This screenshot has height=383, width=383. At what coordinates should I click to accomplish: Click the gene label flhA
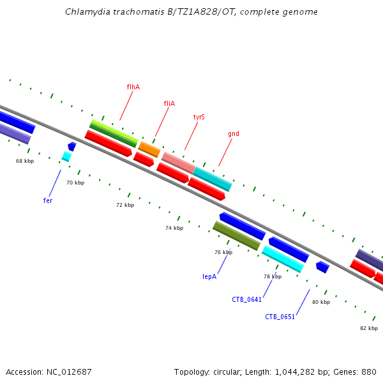pyautogui.click(x=133, y=86)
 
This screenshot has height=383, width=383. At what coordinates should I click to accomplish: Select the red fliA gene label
pyautogui.click(x=169, y=103)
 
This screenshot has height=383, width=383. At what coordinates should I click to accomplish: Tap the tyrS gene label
pyautogui.click(x=199, y=117)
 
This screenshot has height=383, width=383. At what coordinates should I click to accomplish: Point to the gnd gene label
pyautogui.click(x=234, y=134)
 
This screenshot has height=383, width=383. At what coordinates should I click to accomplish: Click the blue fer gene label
pyautogui.click(x=48, y=200)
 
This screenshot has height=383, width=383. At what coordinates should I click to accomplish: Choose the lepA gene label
pyautogui.click(x=209, y=276)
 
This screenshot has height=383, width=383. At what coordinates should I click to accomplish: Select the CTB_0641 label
pyautogui.click(x=247, y=299)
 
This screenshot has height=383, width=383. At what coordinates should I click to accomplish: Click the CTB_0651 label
pyautogui.click(x=280, y=317)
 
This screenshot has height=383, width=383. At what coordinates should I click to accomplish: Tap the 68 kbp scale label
pyautogui.click(x=25, y=161)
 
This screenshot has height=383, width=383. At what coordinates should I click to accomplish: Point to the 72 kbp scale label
pyautogui.click(x=125, y=205)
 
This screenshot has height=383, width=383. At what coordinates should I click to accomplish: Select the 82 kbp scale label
pyautogui.click(x=369, y=328)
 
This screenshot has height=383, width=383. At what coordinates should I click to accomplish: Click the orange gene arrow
pyautogui.click(x=149, y=149)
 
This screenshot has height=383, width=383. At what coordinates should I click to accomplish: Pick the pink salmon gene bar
pyautogui.click(x=178, y=161)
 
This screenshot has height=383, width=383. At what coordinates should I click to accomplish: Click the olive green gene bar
pyautogui.click(x=236, y=236)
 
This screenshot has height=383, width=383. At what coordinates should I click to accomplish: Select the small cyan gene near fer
pyautogui.click(x=66, y=156)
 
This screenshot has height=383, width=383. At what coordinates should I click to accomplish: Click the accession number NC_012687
pyautogui.click(x=66, y=372)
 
